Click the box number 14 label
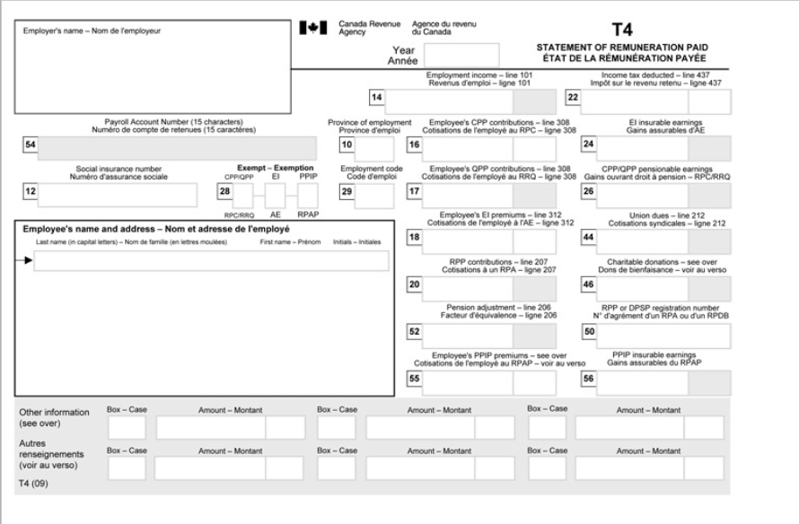377,97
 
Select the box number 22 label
573,97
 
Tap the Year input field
467,56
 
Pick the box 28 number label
225,192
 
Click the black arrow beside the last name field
28,261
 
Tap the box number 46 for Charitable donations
589,284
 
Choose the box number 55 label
415,379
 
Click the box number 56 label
589,379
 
